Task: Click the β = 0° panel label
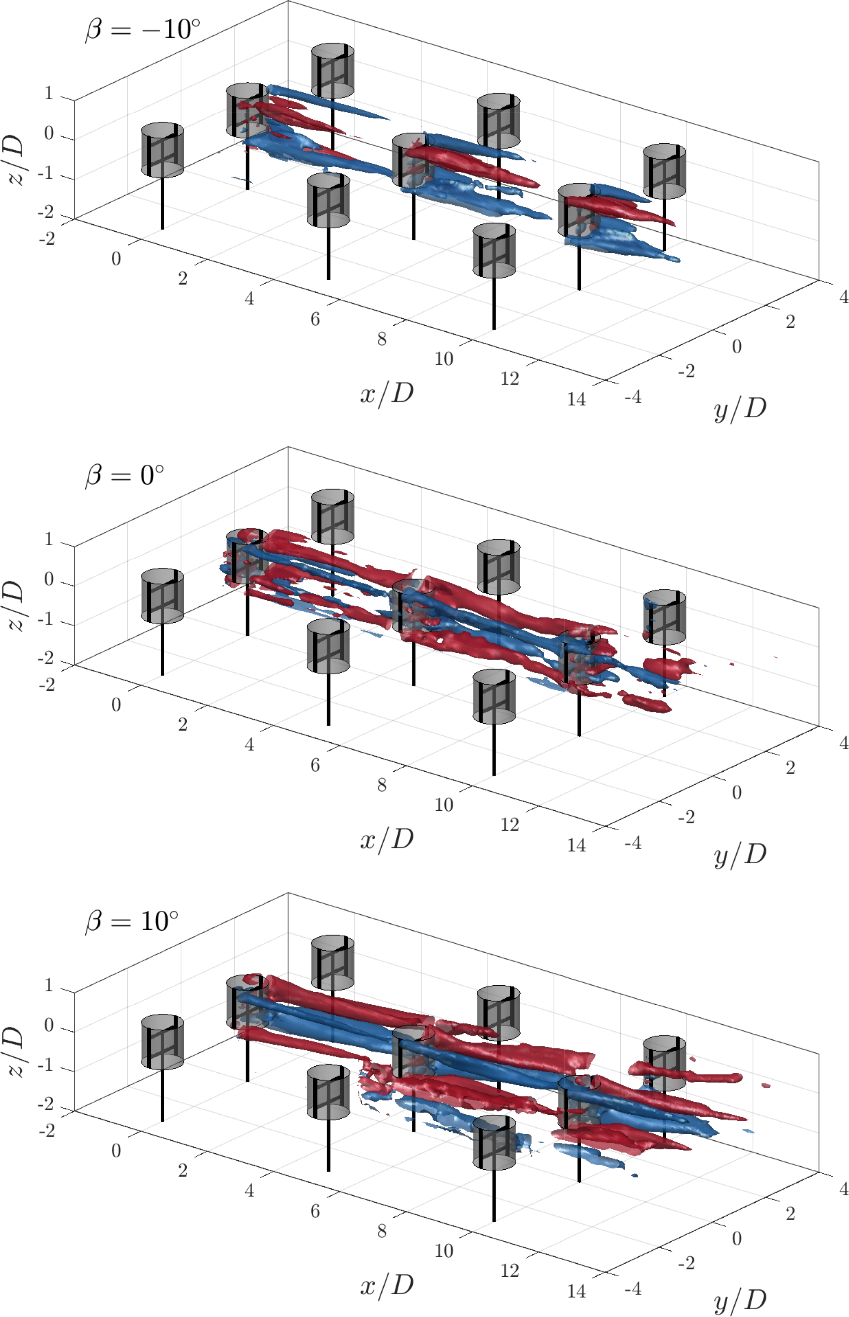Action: click(125, 475)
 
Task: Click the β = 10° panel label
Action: click(132, 921)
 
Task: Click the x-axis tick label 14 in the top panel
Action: click(576, 399)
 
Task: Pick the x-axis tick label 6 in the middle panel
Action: click(315, 765)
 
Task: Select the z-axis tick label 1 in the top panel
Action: click(49, 93)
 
